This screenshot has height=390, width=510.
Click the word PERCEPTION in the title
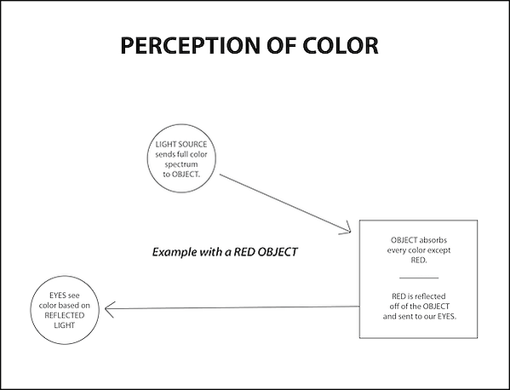point(190,45)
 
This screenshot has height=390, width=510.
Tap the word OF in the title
point(282,45)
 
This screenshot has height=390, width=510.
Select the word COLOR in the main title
point(341,45)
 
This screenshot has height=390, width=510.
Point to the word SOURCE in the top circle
point(193,144)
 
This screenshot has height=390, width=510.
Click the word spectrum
point(181,164)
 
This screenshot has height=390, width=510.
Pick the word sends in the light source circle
point(165,154)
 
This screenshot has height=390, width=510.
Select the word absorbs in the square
point(433,240)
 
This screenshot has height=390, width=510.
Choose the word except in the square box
point(439,250)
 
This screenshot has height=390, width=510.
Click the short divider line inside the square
point(419,278)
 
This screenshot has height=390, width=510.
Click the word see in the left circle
point(73,295)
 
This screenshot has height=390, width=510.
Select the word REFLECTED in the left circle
point(65,316)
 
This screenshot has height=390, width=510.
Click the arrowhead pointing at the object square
point(346,227)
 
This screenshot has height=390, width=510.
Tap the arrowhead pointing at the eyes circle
point(110,309)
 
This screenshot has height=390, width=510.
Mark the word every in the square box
point(396,250)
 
